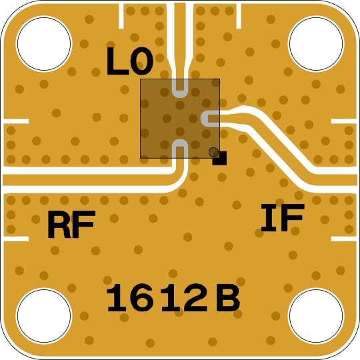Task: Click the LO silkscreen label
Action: [130, 61]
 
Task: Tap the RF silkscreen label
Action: [71, 224]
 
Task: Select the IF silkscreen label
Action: [283, 217]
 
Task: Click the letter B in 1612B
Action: [228, 298]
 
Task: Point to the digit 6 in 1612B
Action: [147, 298]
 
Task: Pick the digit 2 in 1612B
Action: [197, 297]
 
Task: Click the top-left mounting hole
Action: [44, 43]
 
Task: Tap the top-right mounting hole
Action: [316, 43]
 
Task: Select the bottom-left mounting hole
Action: [44, 316]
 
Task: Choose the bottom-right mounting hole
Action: [316, 316]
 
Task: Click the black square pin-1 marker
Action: [219, 158]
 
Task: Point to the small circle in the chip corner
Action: [213, 152]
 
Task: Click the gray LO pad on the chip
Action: [180, 89]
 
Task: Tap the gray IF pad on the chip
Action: [210, 119]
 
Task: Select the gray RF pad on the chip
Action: [180, 149]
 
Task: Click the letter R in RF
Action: [59, 224]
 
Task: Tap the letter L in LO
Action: [117, 61]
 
